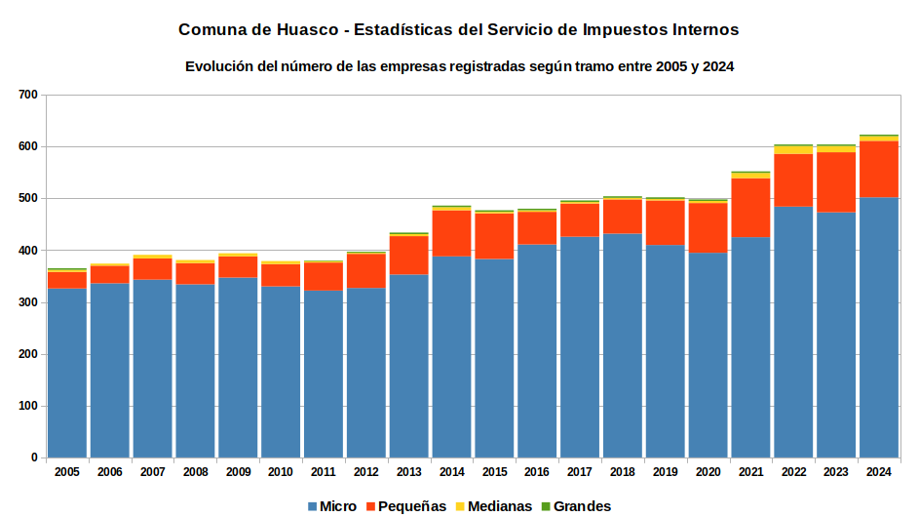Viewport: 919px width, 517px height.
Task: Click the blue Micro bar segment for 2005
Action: (67, 373)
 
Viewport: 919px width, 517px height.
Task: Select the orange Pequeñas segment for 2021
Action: (750, 208)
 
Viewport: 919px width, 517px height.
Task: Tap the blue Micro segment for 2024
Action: (879, 328)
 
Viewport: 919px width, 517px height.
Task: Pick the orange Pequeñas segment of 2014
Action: (451, 233)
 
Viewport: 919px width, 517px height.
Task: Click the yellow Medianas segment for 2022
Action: (793, 150)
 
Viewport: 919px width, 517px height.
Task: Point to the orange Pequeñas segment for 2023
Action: (836, 182)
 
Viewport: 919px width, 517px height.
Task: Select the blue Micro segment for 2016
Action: (537, 351)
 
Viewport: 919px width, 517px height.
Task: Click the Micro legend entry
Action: (332, 506)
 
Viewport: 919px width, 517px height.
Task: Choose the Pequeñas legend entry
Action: (406, 506)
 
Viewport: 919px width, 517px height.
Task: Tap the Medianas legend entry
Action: (494, 506)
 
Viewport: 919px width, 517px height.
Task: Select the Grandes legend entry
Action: (576, 506)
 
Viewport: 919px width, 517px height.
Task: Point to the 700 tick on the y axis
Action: (28, 95)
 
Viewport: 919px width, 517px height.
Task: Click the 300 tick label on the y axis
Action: (28, 302)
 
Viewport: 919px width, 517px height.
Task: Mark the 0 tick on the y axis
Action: (34, 457)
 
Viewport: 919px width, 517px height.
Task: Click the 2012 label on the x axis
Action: (366, 472)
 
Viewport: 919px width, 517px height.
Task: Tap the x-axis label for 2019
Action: (666, 472)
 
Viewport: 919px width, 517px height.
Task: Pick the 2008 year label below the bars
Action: (195, 472)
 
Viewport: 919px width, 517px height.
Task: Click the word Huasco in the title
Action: (308, 30)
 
